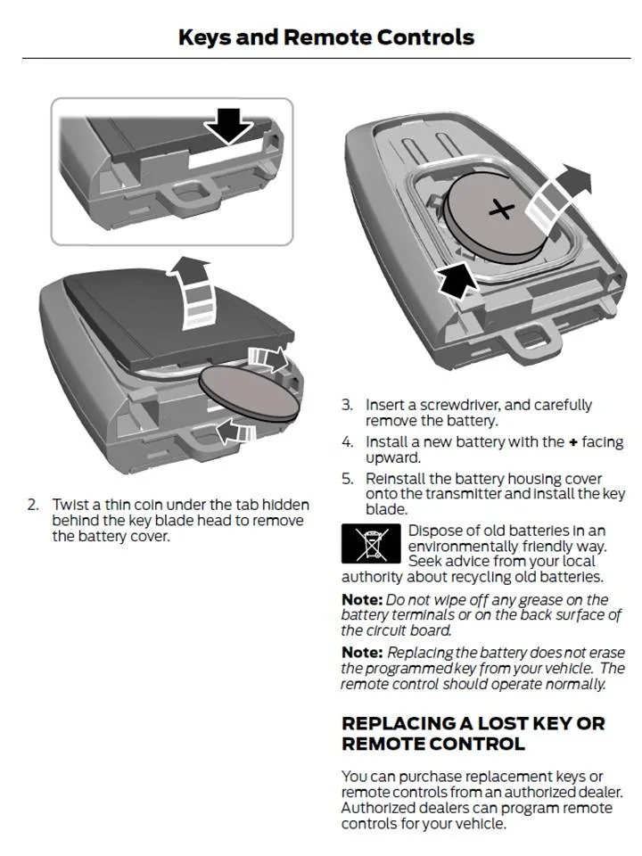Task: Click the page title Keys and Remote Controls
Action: [326, 37]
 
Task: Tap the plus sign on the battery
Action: [503, 211]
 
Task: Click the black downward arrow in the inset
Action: [229, 125]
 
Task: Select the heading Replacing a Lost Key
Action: [473, 732]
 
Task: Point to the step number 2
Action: [33, 505]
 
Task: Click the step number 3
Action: [347, 405]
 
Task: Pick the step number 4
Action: [347, 442]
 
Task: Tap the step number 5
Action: [347, 480]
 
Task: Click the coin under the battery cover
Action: [247, 394]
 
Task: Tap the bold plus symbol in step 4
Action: [574, 442]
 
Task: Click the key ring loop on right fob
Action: [531, 338]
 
